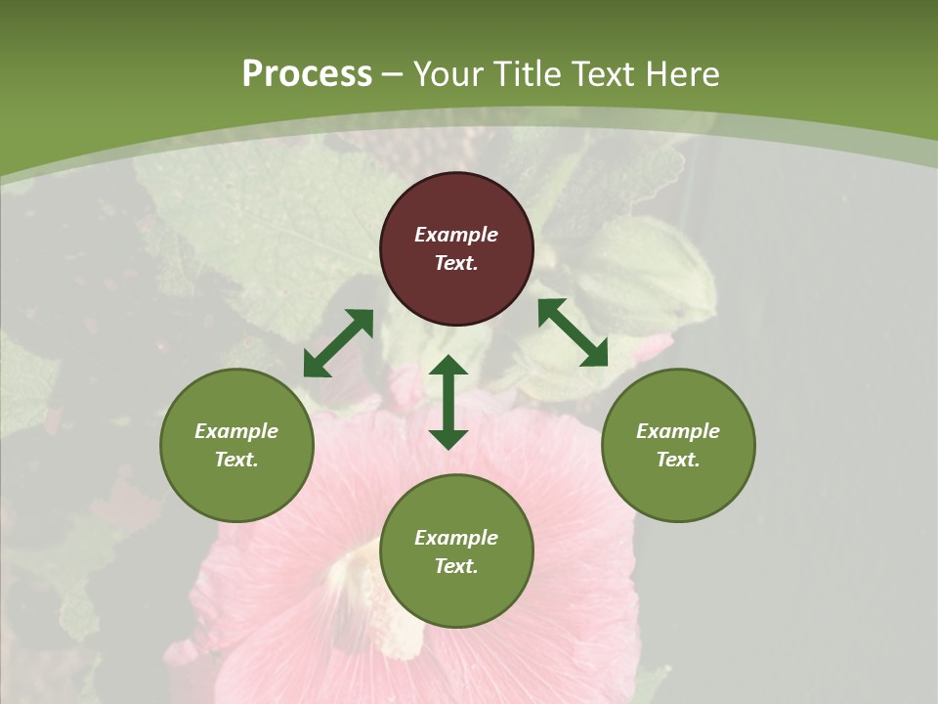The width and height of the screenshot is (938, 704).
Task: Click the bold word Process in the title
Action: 307,74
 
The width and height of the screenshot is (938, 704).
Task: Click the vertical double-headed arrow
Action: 448,402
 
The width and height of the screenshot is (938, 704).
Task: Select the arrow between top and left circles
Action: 338,343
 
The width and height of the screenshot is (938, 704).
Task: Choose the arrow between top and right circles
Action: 573,332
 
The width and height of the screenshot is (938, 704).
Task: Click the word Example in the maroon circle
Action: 456,235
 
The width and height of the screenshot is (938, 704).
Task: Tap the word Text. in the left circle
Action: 236,460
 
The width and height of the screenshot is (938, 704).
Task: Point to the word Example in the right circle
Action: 678,431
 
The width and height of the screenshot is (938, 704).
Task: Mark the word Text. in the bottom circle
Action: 456,566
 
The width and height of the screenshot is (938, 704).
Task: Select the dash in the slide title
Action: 393,74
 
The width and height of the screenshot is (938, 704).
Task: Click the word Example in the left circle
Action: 236,431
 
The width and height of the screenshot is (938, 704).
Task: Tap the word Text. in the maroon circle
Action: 456,263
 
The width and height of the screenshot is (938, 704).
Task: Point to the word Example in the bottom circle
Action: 456,538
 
